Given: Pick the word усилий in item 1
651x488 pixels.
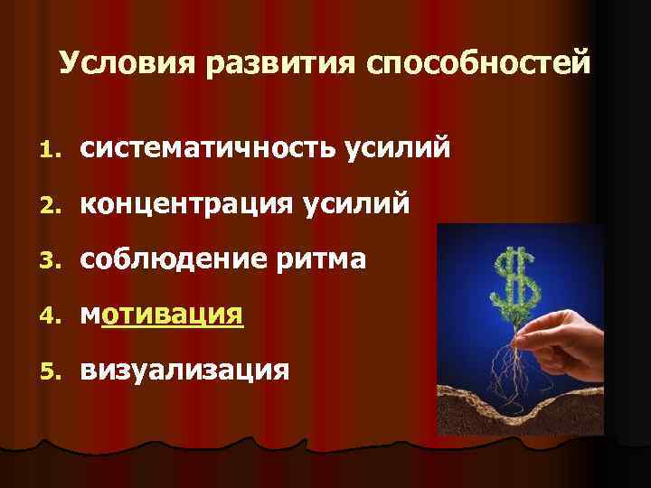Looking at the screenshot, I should tap(395, 150).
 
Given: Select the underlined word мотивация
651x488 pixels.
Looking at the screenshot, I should tap(162, 315).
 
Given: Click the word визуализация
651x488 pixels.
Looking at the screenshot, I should tap(185, 371).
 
